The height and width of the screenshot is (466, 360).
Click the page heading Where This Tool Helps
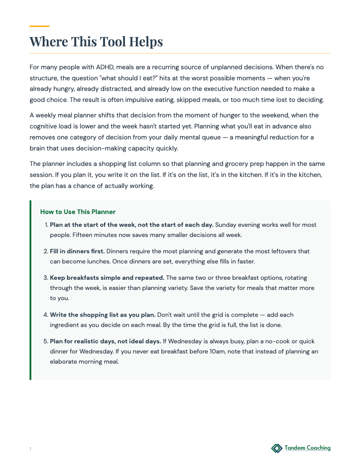(x=96, y=41)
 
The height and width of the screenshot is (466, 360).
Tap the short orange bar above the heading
(x=39, y=26)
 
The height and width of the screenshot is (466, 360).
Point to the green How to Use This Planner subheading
(x=78, y=212)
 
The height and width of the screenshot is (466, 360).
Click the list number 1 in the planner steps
(x=46, y=225)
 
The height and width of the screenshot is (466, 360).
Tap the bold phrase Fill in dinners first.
(x=77, y=251)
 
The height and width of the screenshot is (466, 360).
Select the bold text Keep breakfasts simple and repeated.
(x=107, y=278)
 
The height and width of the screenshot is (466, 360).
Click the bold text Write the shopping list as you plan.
(x=102, y=315)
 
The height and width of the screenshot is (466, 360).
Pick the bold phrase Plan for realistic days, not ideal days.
(x=105, y=341)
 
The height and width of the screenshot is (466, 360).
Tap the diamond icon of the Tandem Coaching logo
(x=277, y=448)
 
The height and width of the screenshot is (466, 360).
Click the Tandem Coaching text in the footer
(x=307, y=448)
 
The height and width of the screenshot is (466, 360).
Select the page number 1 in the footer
(x=30, y=449)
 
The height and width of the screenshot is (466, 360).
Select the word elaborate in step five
(x=64, y=362)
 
